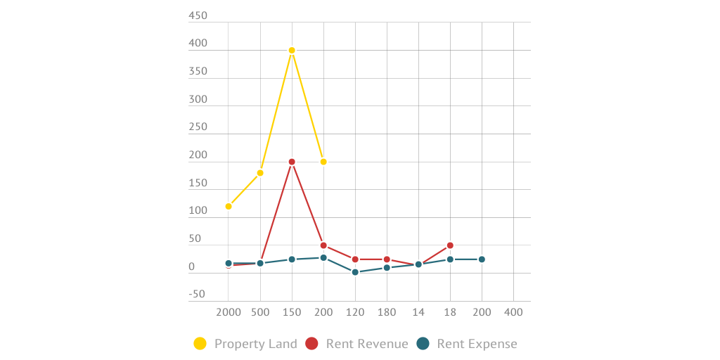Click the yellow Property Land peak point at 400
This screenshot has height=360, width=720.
pyautogui.click(x=292, y=50)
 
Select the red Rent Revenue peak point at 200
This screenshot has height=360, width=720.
pyautogui.click(x=292, y=162)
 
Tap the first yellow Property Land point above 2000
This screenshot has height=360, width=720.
pyautogui.click(x=229, y=206)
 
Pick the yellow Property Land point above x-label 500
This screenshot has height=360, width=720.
pyautogui.click(x=260, y=173)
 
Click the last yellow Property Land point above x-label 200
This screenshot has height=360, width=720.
pyautogui.click(x=323, y=162)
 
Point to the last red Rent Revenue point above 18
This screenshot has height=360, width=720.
pyautogui.click(x=450, y=245)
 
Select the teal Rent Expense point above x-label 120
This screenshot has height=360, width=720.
pyautogui.click(x=355, y=272)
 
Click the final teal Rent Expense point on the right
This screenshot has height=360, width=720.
pyautogui.click(x=482, y=259)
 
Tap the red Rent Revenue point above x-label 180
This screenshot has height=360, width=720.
pyautogui.click(x=387, y=259)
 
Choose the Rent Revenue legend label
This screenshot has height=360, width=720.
pyautogui.click(x=366, y=344)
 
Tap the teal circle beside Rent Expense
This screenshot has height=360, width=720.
pyautogui.click(x=423, y=344)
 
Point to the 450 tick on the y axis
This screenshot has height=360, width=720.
pyautogui.click(x=198, y=15)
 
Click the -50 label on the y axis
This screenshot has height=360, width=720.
pyautogui.click(x=197, y=294)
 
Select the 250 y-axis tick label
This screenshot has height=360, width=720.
pyautogui.click(x=198, y=127)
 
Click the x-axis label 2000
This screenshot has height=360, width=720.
pyautogui.click(x=229, y=311)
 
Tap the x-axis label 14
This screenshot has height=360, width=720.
pyautogui.click(x=418, y=311)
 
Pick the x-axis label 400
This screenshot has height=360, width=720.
pyautogui.click(x=513, y=311)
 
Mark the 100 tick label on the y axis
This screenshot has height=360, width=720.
pyautogui.click(x=198, y=211)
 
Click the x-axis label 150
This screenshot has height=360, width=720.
pyautogui.click(x=292, y=311)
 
